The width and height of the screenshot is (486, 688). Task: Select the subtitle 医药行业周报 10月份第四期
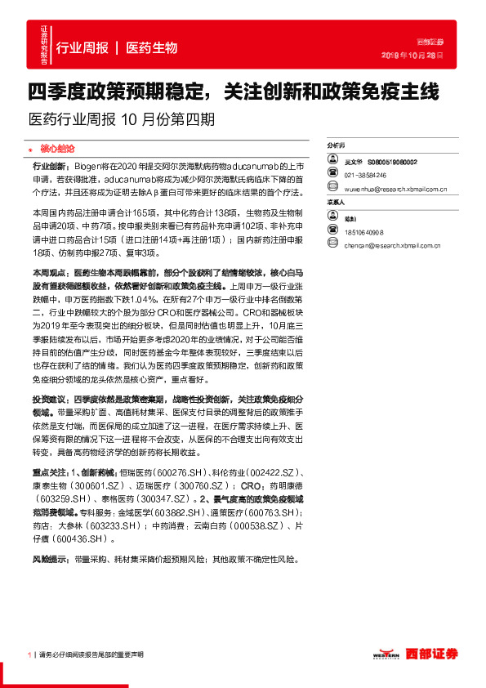click(x=122, y=118)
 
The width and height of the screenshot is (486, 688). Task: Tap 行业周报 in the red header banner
click(x=82, y=48)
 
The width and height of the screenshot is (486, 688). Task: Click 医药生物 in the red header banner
click(x=152, y=48)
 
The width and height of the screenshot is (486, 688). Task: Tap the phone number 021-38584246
click(x=366, y=175)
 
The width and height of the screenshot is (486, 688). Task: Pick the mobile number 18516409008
click(x=363, y=231)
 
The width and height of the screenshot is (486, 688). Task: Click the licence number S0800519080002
click(x=392, y=163)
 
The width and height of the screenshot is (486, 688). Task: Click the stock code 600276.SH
click(x=181, y=472)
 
